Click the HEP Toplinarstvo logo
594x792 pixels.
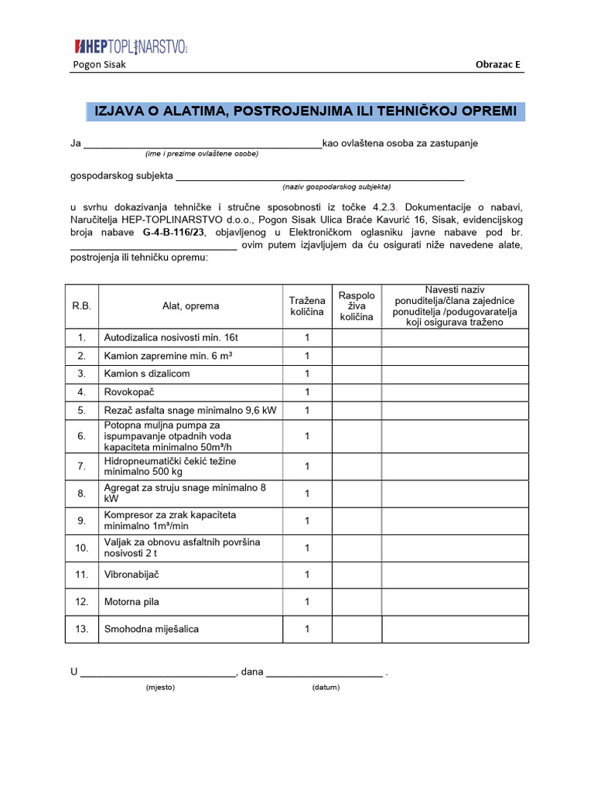coord(131,47)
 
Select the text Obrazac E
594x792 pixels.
coord(498,64)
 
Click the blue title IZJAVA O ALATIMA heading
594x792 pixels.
coord(305,111)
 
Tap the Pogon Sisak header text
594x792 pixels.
coord(99,64)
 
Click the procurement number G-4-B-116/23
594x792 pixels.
coord(173,232)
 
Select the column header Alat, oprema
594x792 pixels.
coord(190,306)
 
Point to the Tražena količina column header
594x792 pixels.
coord(307,306)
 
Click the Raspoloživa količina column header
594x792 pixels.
coord(357,306)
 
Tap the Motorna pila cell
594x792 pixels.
coord(131,601)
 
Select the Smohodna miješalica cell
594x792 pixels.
coord(151,629)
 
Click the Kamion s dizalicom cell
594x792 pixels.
coord(147,374)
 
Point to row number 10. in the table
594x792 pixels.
coord(81,548)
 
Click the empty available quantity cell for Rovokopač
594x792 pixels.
coord(357,391)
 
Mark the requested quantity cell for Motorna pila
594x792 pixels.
coord(307,601)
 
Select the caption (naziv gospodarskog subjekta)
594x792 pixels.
coord(336,186)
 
